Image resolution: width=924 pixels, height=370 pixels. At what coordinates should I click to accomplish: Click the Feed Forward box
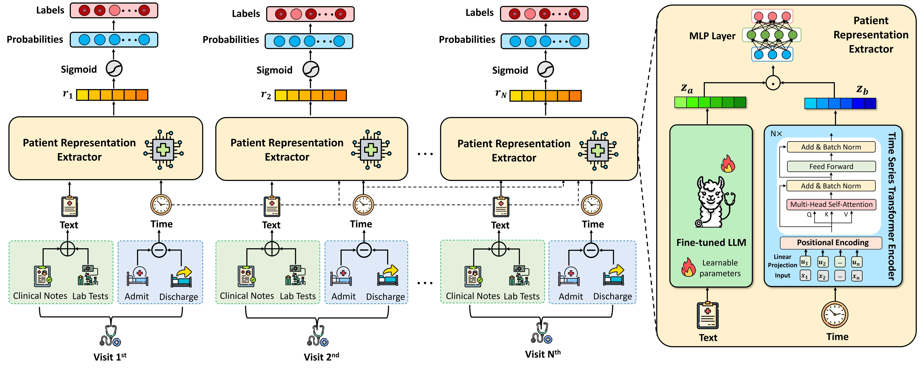pos(831,167)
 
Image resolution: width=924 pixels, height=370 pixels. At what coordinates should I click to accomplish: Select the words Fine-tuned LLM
pos(711,243)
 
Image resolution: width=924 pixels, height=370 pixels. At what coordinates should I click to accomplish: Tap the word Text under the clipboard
pos(708,338)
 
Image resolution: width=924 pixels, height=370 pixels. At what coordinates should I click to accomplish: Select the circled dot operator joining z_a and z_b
pos(773,83)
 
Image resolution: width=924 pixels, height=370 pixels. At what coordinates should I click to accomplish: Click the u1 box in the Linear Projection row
pos(805,262)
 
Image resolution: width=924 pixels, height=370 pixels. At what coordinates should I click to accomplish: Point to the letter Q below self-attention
pos(809,215)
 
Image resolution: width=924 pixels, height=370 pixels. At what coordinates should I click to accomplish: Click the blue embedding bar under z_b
pos(840,103)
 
